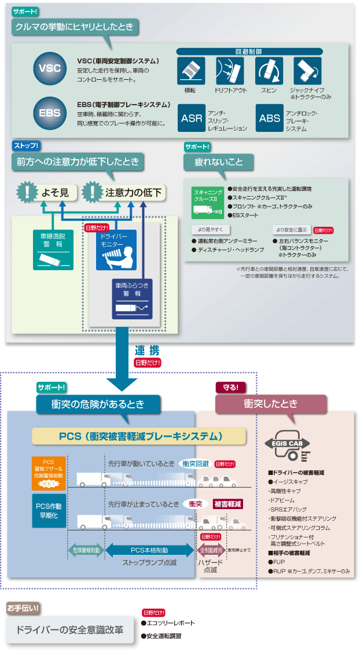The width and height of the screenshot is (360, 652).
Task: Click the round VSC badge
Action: click(x=50, y=68)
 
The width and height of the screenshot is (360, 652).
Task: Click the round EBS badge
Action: click(x=50, y=112)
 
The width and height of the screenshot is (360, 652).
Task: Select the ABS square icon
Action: click(x=270, y=118)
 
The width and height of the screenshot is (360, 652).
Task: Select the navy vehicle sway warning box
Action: click(x=133, y=299)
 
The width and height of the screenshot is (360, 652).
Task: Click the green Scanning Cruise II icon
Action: click(x=208, y=202)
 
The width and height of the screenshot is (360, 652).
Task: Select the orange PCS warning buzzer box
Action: click(x=49, y=472)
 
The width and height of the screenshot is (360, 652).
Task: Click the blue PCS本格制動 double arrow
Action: click(x=149, y=550)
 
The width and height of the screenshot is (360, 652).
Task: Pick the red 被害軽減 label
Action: click(x=227, y=504)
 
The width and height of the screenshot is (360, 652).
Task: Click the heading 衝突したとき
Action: click(x=271, y=404)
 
